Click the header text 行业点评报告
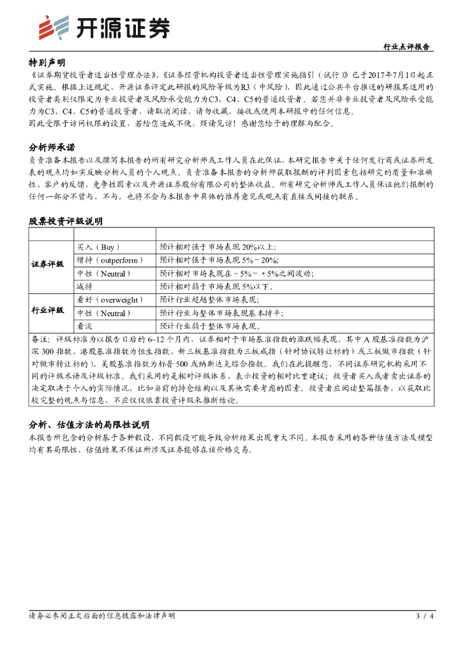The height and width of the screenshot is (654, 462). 406,47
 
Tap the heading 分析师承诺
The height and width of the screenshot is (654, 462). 51,147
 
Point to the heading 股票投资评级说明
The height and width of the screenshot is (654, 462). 65,221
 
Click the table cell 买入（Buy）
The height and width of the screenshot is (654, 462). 98,247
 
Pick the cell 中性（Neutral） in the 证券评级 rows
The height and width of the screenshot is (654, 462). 103,273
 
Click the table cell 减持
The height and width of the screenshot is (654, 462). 84,287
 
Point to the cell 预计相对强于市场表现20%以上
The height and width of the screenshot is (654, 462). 218,247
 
